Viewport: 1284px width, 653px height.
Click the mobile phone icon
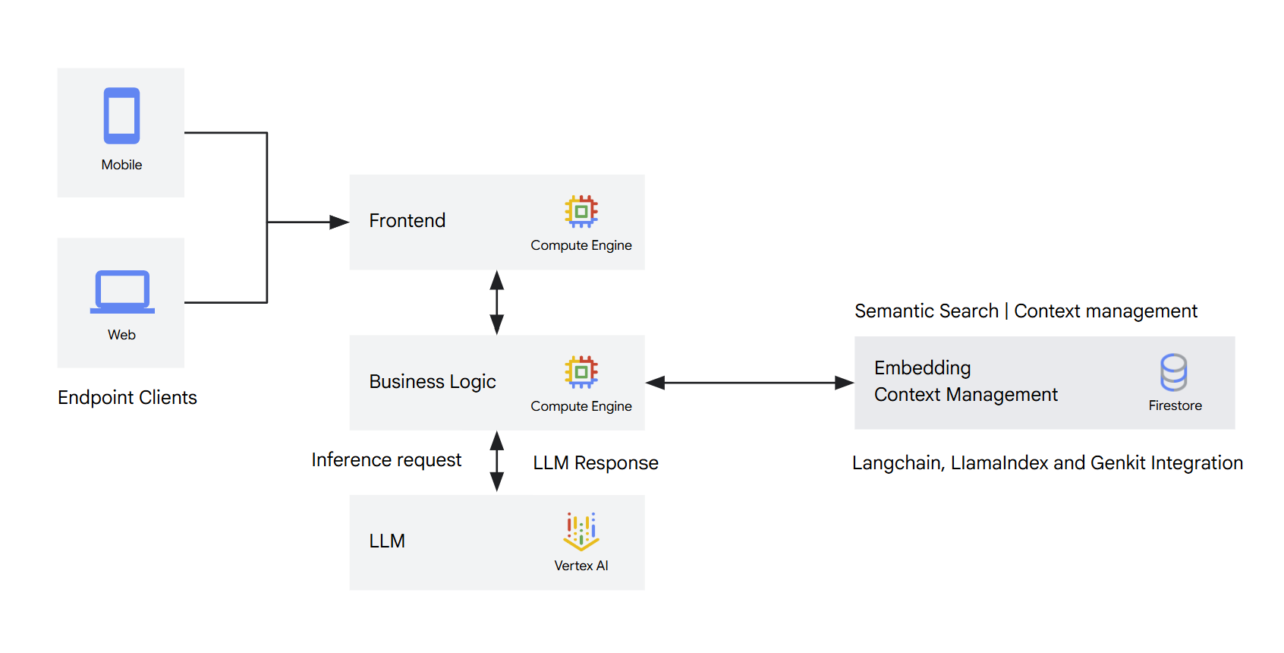coord(121,116)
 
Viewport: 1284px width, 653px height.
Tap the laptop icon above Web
coord(122,292)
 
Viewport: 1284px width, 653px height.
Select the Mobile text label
coord(121,165)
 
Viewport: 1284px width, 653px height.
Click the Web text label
coord(121,335)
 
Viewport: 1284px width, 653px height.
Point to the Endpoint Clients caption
coord(127,398)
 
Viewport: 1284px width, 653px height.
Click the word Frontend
coord(407,221)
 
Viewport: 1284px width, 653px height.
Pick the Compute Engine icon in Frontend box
coord(581,212)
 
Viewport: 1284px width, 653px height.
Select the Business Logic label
coord(433,382)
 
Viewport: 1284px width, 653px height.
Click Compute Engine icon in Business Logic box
coord(581,372)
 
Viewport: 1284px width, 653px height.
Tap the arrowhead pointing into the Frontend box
coord(339,222)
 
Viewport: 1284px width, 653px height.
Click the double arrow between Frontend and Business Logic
coord(497,302)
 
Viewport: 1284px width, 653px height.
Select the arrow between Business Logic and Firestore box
coord(750,383)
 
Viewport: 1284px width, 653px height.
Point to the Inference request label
coord(386,460)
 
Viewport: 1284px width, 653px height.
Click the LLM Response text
coord(596,463)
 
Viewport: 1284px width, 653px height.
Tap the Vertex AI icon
coord(581,531)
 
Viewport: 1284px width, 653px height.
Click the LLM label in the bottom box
coord(387,541)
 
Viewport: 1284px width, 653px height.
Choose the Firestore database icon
coord(1173,372)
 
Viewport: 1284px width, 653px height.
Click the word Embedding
coord(922,368)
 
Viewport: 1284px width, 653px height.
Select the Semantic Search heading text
coord(926,311)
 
